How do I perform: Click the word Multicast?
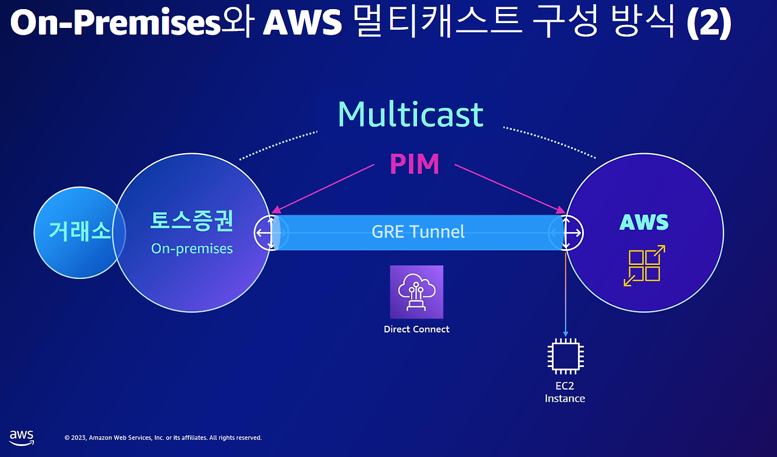tap(410, 114)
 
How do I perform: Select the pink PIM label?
tap(414, 164)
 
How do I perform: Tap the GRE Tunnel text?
tap(418, 232)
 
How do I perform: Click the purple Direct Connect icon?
tap(416, 292)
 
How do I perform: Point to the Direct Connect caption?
tap(416, 329)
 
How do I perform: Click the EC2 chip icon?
tap(566, 357)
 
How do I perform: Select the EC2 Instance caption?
tap(565, 393)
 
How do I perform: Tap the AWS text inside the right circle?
tap(643, 222)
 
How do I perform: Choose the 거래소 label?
tap(80, 232)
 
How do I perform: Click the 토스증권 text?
tap(191, 221)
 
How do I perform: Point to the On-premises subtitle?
tap(192, 249)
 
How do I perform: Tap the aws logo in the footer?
tap(21, 438)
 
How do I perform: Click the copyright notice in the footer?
tap(163, 438)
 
